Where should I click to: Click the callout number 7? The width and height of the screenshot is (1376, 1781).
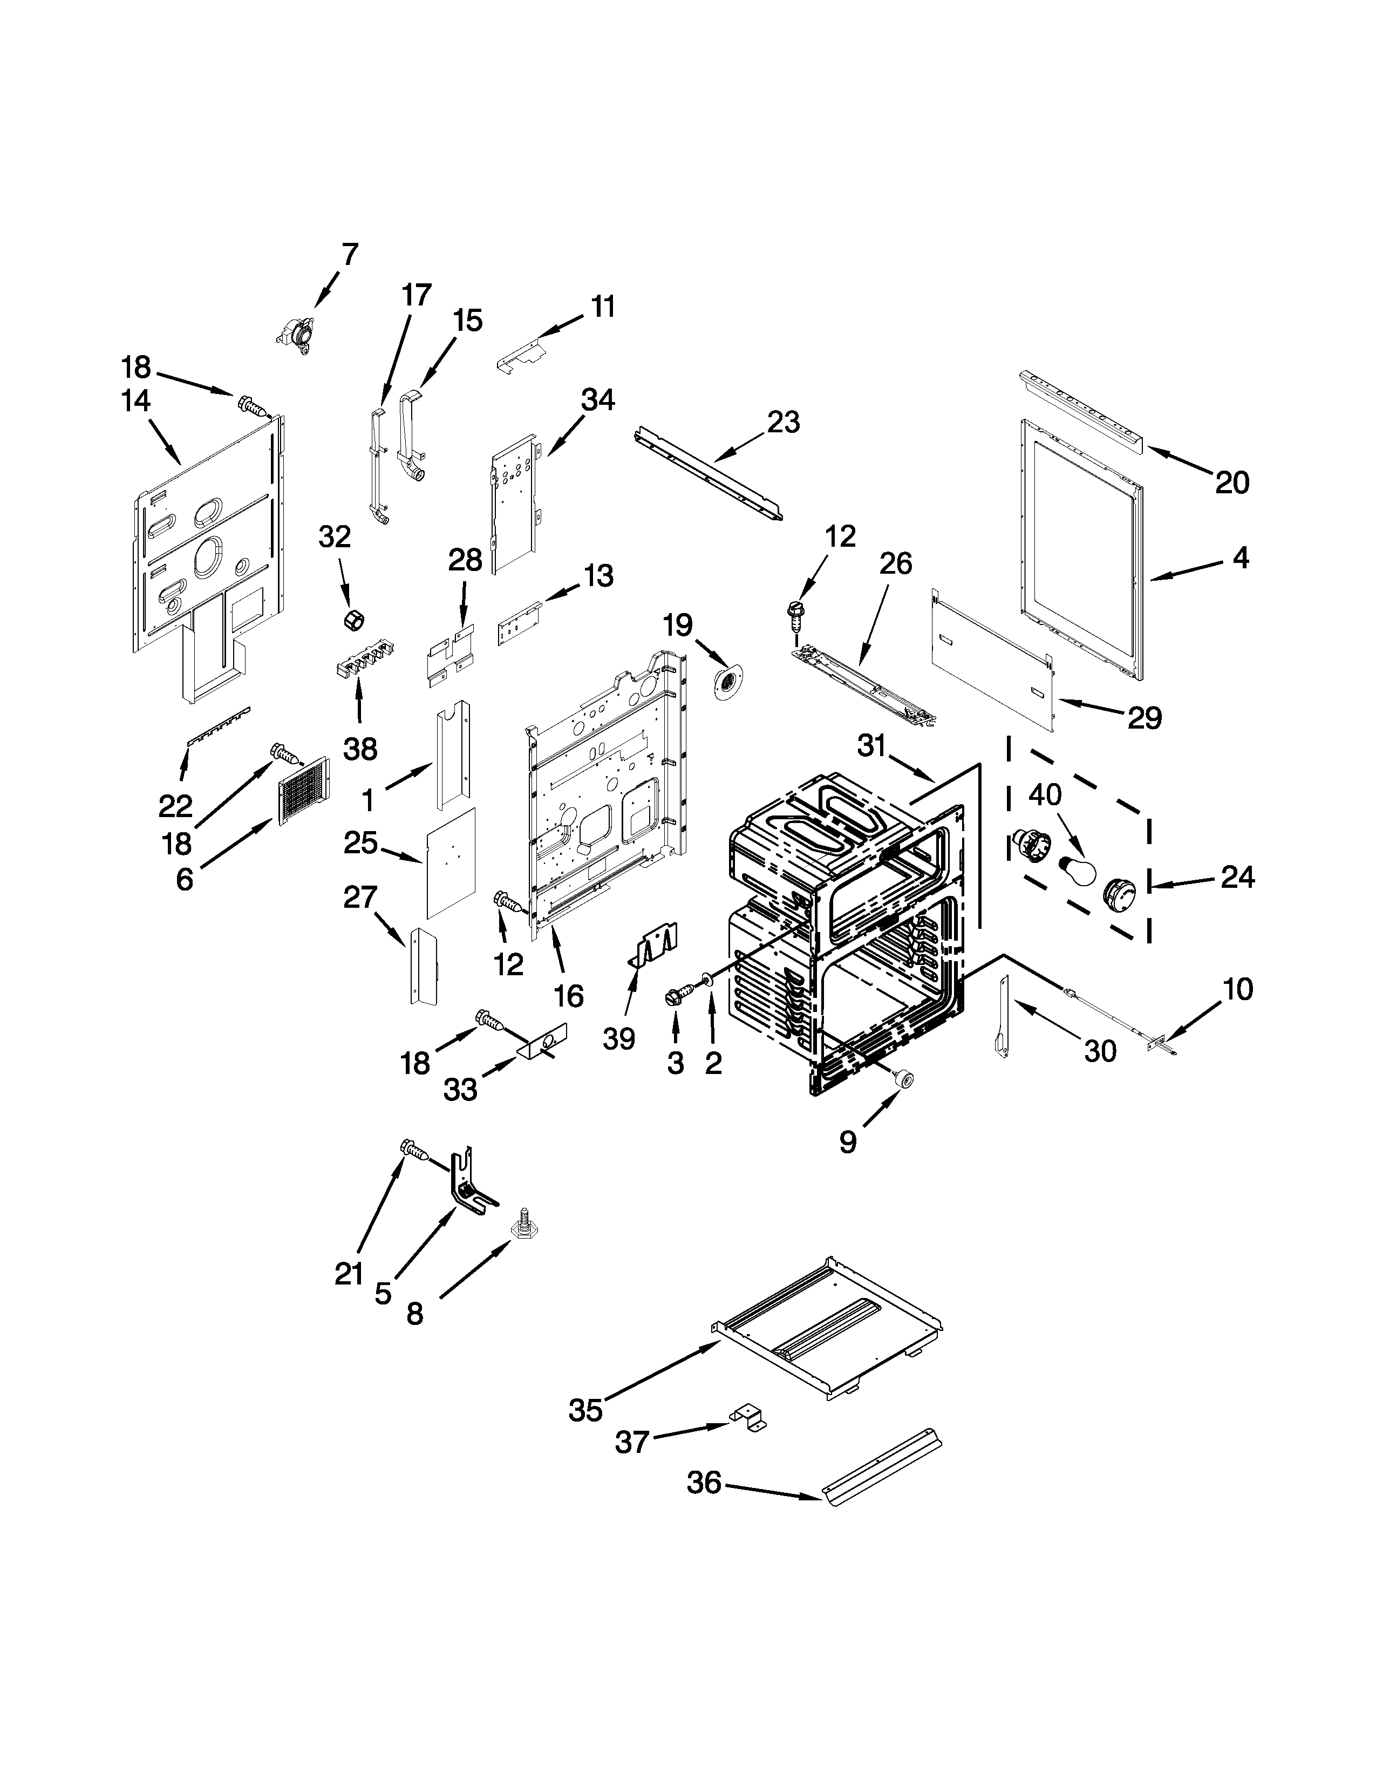tap(349, 254)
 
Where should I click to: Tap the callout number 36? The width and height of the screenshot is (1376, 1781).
tap(704, 1481)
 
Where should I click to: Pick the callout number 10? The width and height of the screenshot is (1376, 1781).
tap(1237, 989)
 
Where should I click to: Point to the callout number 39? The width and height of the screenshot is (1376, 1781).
tap(619, 1039)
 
